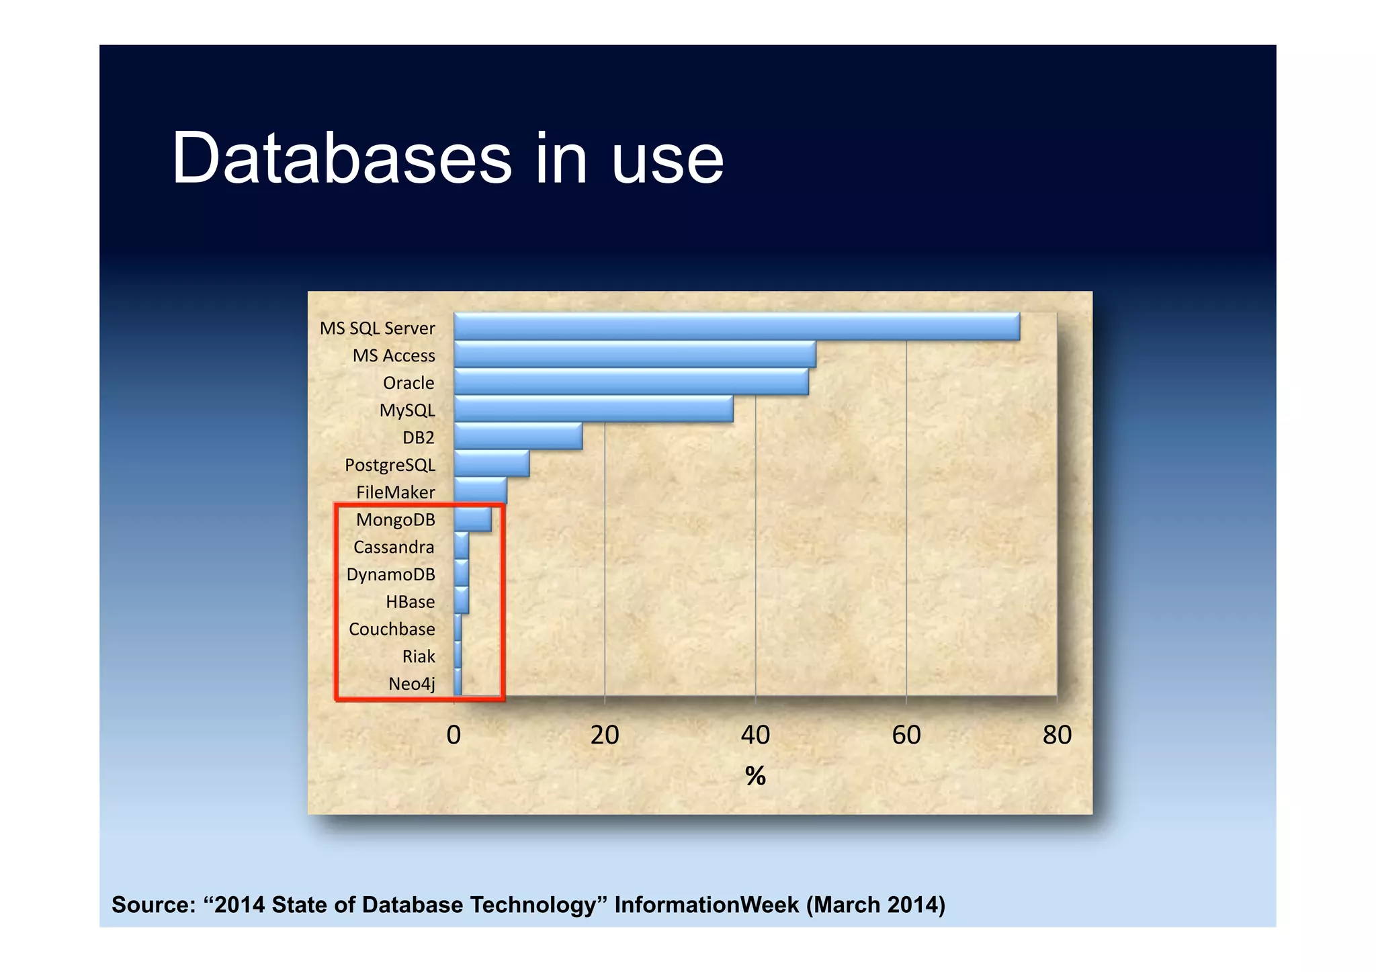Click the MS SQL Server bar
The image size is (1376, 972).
[736, 326]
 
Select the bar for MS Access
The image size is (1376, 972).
[635, 354]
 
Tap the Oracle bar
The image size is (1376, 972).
[631, 382]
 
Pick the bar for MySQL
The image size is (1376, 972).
[593, 409]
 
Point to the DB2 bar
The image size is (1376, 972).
[518, 437]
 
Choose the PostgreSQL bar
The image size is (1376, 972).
[491, 464]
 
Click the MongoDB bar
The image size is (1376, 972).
[472, 519]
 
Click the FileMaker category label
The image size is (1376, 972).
[395, 492]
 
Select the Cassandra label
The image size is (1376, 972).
[394, 547]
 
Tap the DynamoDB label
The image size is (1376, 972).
[390, 575]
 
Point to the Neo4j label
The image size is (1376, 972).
[411, 684]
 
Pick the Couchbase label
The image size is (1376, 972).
[392, 629]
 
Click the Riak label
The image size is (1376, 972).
[419, 656]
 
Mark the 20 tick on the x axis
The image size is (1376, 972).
[605, 735]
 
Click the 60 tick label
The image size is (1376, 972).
[906, 735]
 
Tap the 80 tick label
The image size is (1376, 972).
[1057, 735]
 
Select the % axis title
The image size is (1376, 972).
[755, 776]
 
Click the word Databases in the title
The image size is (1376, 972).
[342, 159]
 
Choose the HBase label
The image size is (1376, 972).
[410, 602]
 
